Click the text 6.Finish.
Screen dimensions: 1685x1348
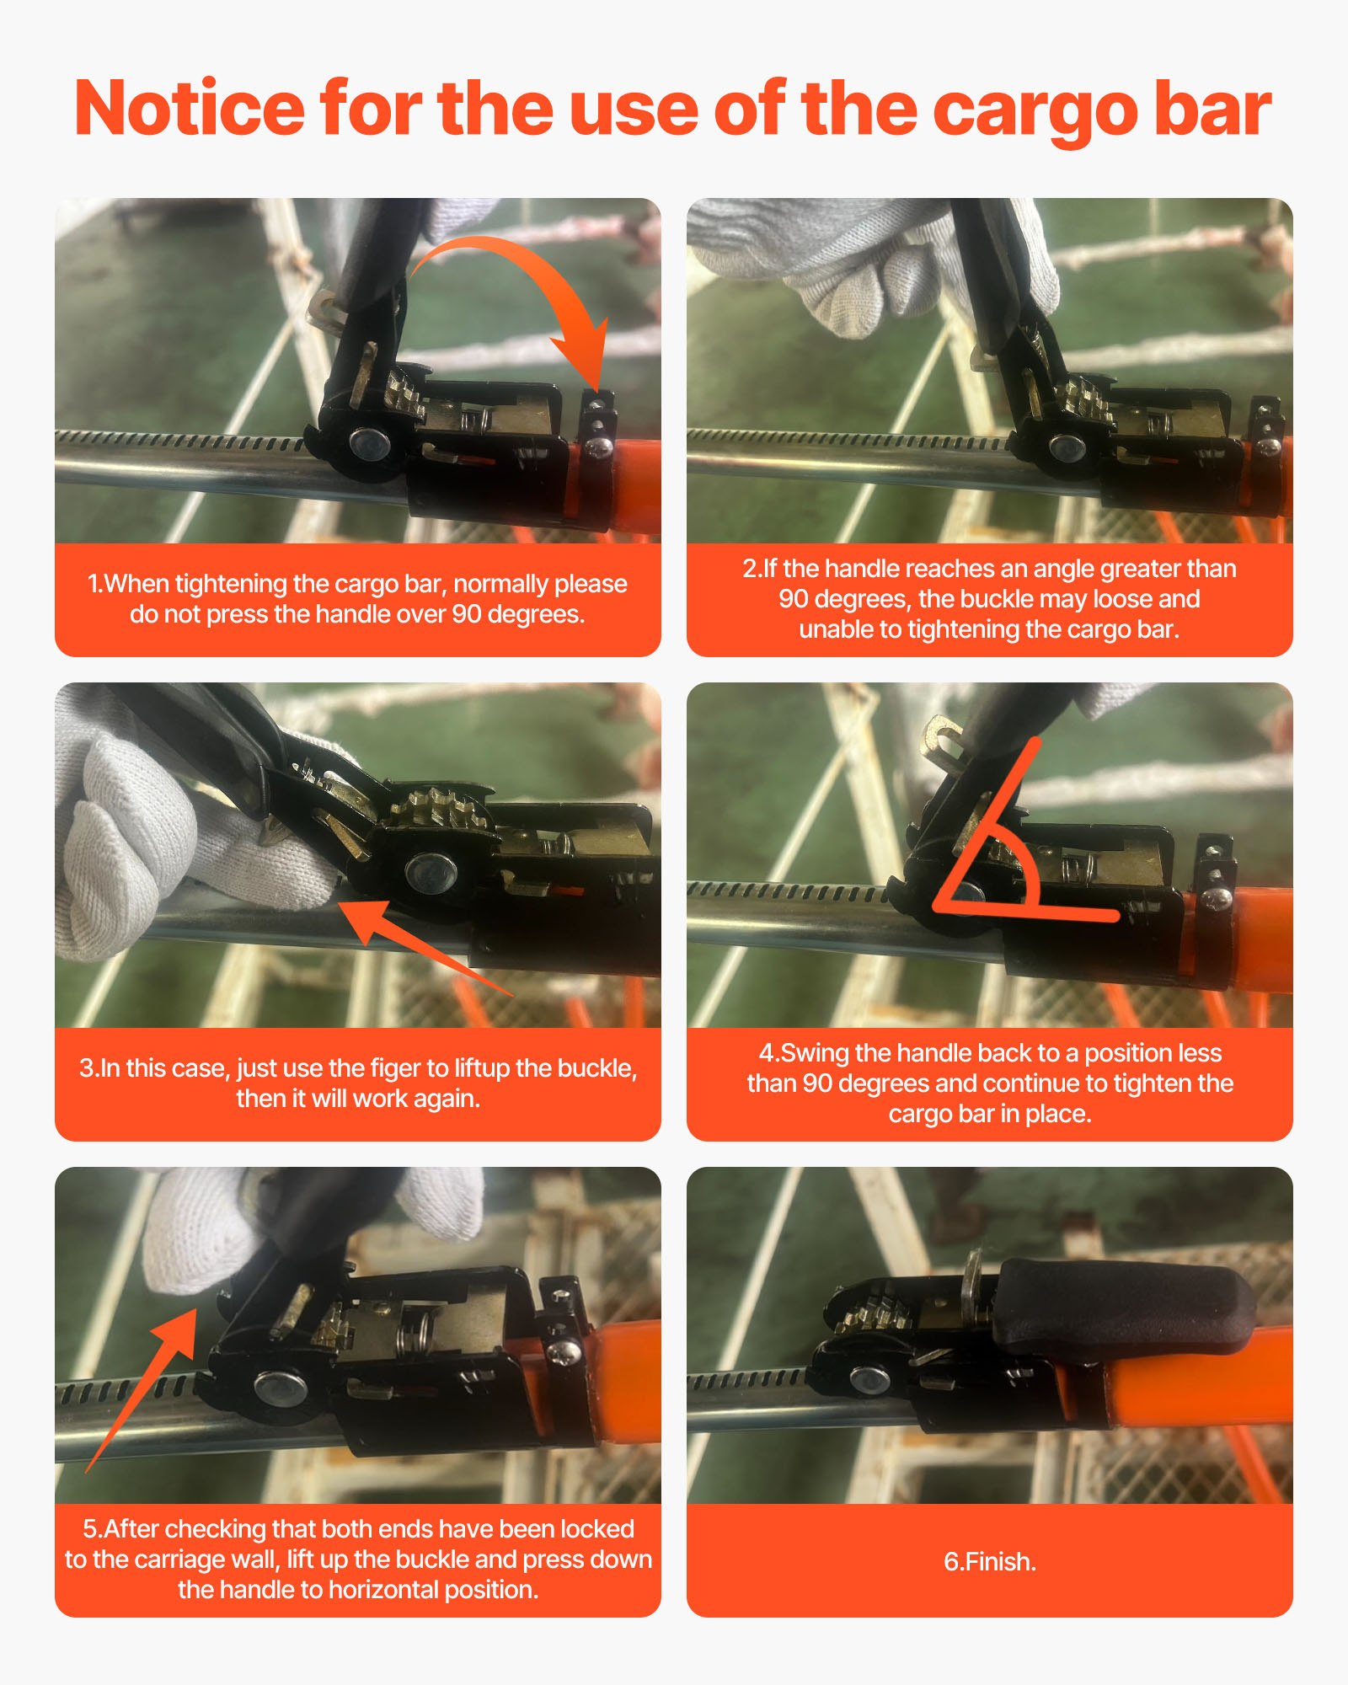click(x=989, y=1561)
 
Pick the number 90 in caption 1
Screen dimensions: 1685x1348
click(x=467, y=614)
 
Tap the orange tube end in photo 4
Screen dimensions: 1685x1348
click(x=1247, y=935)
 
